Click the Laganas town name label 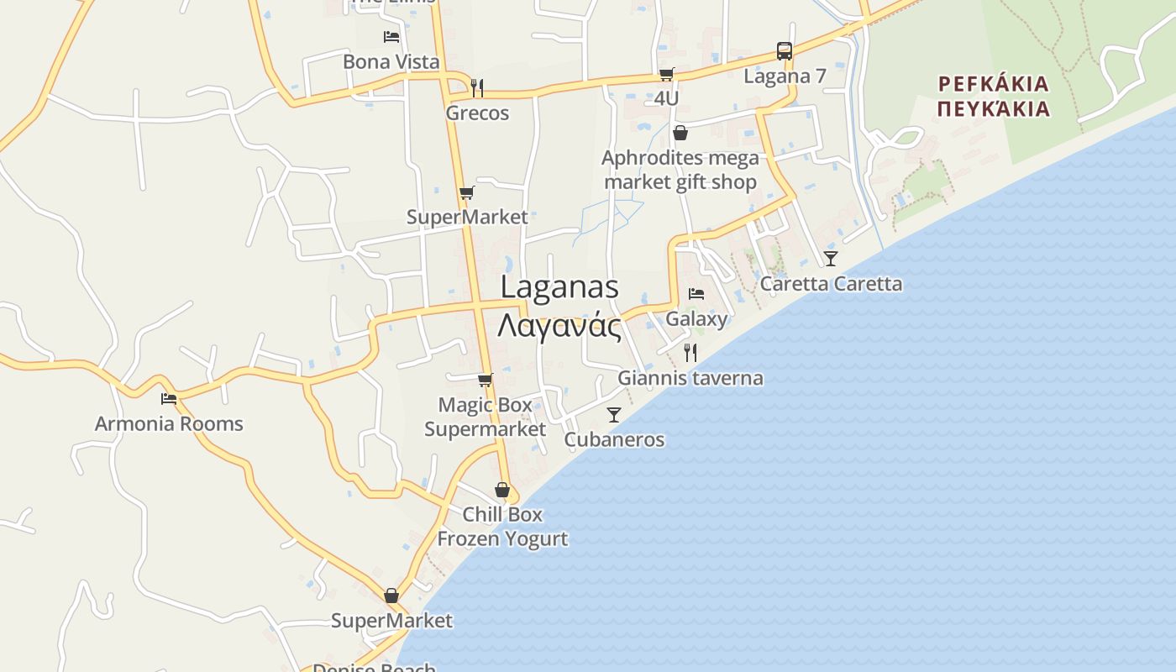tap(559, 287)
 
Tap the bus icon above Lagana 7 tap(784, 51)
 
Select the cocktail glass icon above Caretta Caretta tap(831, 258)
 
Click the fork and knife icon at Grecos tap(477, 87)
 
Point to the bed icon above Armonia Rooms tap(169, 399)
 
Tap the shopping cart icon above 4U tap(666, 74)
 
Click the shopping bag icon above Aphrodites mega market tap(680, 133)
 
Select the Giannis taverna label tap(690, 378)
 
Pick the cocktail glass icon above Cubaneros tap(614, 414)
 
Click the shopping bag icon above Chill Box tap(502, 489)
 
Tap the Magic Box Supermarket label tap(485, 417)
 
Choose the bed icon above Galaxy tap(696, 294)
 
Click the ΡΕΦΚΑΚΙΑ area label tap(994, 84)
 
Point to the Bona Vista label tap(391, 61)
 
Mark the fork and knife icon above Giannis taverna tap(690, 353)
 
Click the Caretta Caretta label tap(831, 284)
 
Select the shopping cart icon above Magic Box tap(485, 380)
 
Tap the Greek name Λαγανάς tap(559, 326)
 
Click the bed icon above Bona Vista tap(391, 36)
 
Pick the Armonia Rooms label tap(169, 423)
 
